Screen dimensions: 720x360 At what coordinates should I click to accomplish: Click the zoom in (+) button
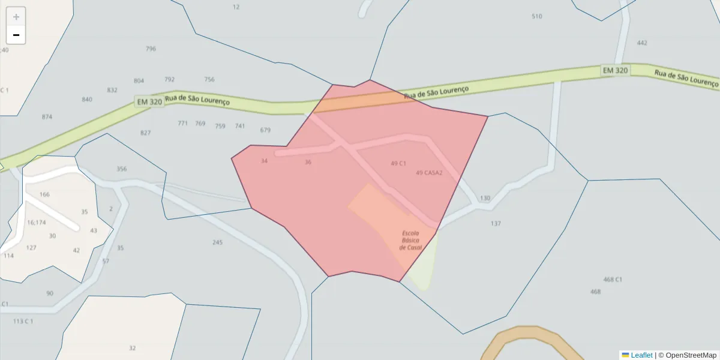click(16, 17)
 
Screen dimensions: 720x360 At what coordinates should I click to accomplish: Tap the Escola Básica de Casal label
click(411, 240)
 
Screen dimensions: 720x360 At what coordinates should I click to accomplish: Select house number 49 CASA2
click(429, 173)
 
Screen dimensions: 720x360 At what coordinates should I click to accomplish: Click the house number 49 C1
click(398, 163)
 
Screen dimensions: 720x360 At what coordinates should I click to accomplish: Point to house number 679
click(266, 130)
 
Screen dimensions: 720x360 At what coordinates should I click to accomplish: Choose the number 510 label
click(536, 16)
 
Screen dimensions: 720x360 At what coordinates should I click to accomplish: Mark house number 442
click(642, 43)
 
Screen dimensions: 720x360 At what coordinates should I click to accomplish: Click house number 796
click(151, 49)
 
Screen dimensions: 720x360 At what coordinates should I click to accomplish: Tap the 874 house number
click(47, 117)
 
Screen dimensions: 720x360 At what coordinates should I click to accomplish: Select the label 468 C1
click(613, 280)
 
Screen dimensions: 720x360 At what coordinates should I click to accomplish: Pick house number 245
click(217, 242)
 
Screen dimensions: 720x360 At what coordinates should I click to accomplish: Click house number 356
click(122, 169)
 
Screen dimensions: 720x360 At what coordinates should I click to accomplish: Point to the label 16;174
click(36, 223)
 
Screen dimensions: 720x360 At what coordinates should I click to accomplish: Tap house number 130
click(485, 198)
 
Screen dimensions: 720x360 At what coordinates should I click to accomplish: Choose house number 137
click(496, 224)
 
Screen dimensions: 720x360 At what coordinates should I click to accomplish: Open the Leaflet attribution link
click(641, 355)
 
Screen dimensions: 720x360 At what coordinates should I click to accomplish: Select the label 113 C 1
click(23, 322)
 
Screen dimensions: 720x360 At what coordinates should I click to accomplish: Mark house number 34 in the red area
click(265, 161)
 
